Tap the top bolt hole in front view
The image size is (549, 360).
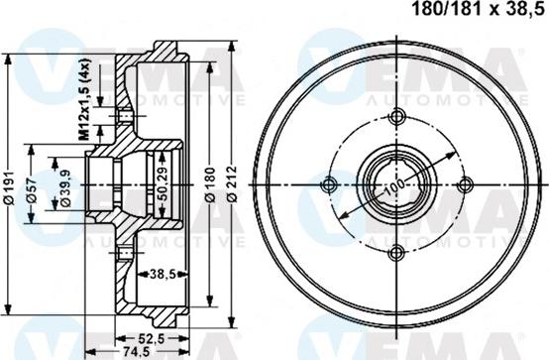click(397, 115)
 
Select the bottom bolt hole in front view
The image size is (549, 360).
click(397, 251)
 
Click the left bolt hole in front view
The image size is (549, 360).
click(329, 183)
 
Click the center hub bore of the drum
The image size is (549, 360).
click(397, 183)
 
